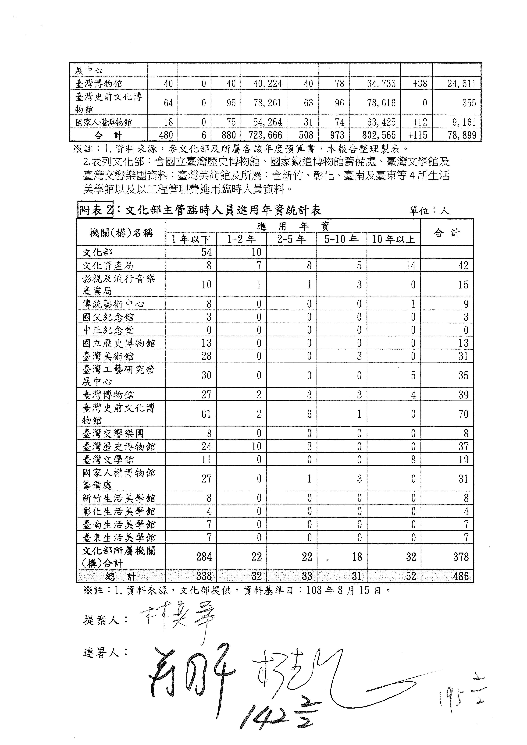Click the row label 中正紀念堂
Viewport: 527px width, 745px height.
pos(108,330)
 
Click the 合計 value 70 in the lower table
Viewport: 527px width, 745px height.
pos(463,414)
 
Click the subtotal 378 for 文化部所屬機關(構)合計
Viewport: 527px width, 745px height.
pos(461,557)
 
